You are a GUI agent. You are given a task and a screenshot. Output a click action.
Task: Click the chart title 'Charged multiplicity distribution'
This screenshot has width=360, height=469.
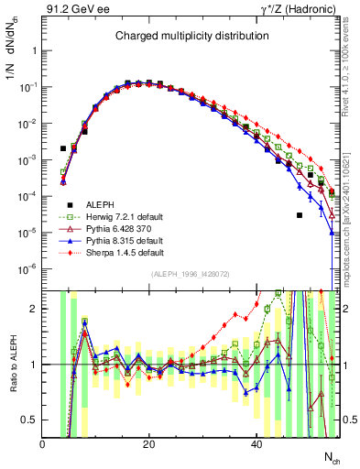[x=191, y=36]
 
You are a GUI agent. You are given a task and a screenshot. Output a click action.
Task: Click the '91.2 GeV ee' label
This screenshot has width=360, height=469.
[x=70, y=9]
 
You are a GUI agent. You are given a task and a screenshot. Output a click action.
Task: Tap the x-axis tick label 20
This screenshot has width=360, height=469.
[x=149, y=444]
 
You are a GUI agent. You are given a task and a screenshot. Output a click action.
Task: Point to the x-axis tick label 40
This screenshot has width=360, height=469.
[x=256, y=444]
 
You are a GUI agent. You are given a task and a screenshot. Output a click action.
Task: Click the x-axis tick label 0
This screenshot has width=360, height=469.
[x=42, y=444]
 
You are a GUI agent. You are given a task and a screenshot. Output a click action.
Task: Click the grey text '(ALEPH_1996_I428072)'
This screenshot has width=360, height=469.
[x=191, y=277]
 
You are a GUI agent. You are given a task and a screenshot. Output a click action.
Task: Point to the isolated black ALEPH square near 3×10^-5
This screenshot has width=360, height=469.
[x=300, y=215]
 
